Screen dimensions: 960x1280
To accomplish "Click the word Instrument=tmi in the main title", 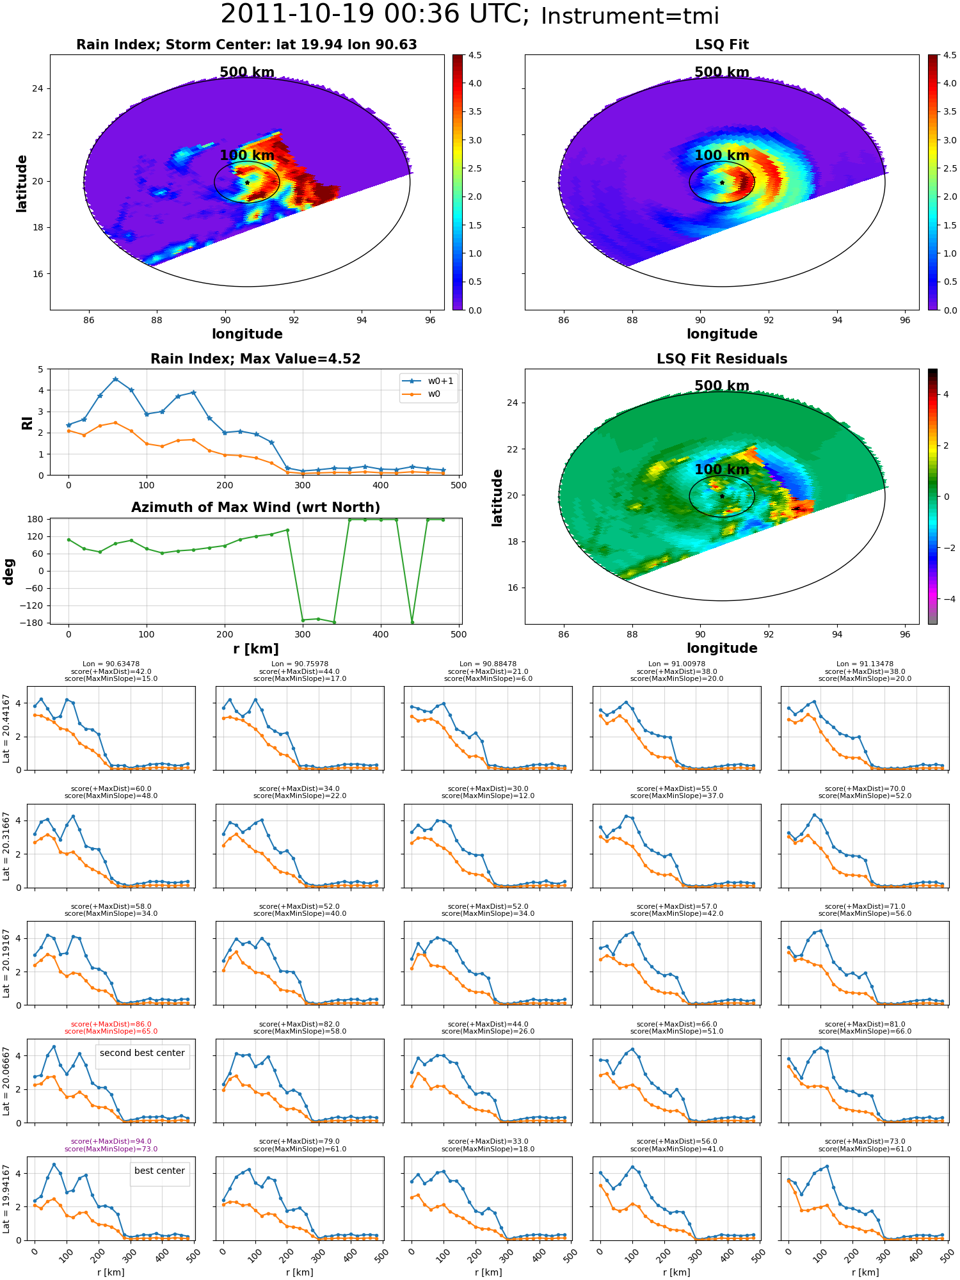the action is [630, 17].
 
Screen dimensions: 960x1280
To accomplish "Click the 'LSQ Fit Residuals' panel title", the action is [722, 359].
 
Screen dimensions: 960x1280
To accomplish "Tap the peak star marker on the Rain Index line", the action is [115, 379].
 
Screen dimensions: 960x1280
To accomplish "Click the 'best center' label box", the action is [159, 1171].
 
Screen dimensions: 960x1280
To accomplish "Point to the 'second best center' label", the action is [142, 1053].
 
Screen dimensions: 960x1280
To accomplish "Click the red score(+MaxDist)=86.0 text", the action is [111, 1024].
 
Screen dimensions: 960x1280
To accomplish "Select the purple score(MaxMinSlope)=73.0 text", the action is [111, 1149].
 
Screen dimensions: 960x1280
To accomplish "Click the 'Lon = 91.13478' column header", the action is [865, 664].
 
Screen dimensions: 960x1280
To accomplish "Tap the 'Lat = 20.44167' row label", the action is [6, 728].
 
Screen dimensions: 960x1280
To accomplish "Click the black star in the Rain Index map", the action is [247, 182].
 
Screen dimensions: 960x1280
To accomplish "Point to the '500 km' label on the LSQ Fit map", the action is [722, 72].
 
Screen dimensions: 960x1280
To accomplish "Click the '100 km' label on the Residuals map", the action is [722, 470].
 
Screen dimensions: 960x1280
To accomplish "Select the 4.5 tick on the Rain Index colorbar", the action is [475, 55].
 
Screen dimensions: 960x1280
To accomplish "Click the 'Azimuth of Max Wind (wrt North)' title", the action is [255, 508].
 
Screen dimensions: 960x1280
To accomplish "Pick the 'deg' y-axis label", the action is [9, 572].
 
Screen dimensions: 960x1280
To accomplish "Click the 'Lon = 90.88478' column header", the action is [488, 664].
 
